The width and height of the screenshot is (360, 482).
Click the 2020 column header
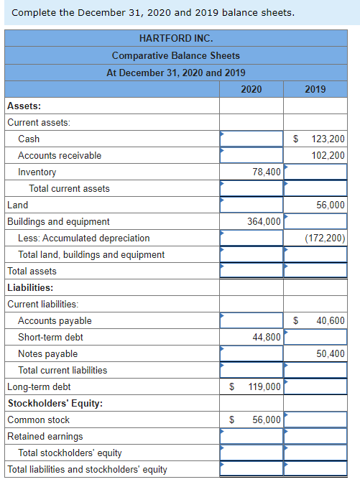pyautogui.click(x=251, y=89)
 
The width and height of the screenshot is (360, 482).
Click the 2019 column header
pyautogui.click(x=315, y=89)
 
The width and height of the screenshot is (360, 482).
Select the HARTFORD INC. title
pyautogui.click(x=175, y=38)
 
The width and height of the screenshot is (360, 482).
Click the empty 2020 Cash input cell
pyautogui.click(x=251, y=139)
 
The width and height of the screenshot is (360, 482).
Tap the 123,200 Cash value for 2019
pyautogui.click(x=327, y=139)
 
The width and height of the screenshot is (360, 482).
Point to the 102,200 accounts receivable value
pyautogui.click(x=328, y=155)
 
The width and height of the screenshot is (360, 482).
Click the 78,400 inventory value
pyautogui.click(x=267, y=172)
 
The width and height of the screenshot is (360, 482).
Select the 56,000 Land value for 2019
pyautogui.click(x=331, y=205)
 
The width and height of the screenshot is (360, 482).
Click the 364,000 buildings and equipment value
pyautogui.click(x=264, y=221)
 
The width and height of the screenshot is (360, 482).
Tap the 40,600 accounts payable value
pyautogui.click(x=331, y=320)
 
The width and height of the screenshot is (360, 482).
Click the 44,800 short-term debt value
pyautogui.click(x=267, y=337)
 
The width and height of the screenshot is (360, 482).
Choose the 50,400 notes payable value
pyautogui.click(x=331, y=353)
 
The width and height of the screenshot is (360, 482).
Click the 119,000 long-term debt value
pyautogui.click(x=264, y=386)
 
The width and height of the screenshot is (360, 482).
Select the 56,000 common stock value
pyautogui.click(x=267, y=420)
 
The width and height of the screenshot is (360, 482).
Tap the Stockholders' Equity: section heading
pyautogui.click(x=55, y=403)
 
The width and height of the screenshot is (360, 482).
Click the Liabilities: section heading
pyautogui.click(x=31, y=287)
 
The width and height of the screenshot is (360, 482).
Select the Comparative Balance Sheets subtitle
pyautogui.click(x=175, y=55)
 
